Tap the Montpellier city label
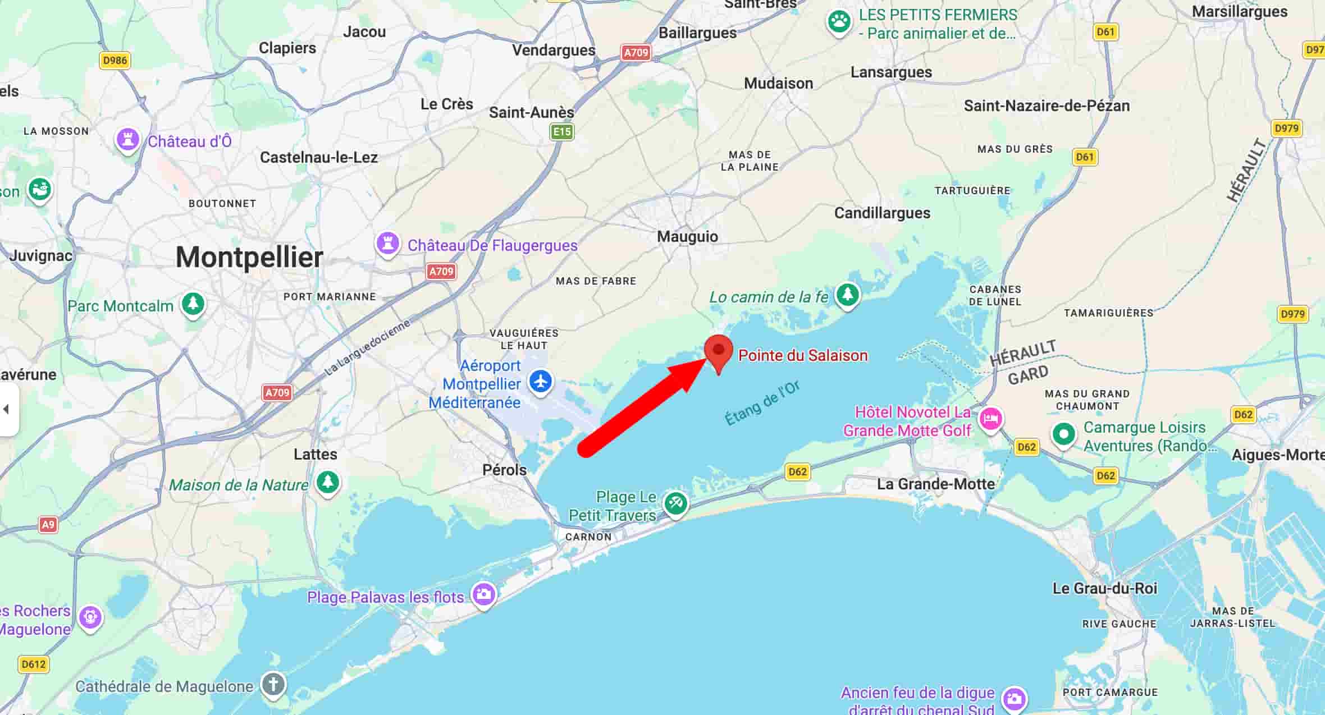(249, 258)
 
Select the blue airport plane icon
(541, 382)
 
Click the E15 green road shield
(561, 132)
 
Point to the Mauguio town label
(687, 236)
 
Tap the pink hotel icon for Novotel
(990, 419)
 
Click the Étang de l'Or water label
(762, 404)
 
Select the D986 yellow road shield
(115, 60)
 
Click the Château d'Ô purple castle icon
(127, 139)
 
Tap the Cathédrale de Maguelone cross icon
(273, 685)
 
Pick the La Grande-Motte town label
(935, 484)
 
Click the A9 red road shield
(48, 525)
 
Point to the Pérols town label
(504, 470)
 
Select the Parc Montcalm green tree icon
(193, 304)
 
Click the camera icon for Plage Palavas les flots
(483, 594)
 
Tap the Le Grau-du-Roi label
(1104, 588)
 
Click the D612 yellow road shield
(34, 664)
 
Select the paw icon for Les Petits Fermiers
(839, 22)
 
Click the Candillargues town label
(881, 213)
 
